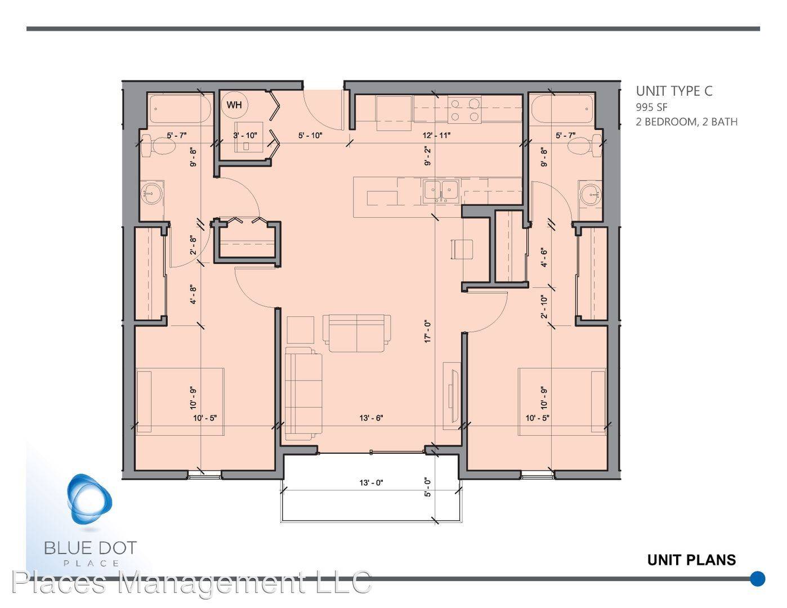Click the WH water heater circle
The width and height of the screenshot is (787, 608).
tap(234, 105)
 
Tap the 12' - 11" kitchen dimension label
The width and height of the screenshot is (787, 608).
tap(436, 136)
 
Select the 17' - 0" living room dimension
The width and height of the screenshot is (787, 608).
tap(428, 331)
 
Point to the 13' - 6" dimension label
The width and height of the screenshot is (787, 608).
tap(371, 418)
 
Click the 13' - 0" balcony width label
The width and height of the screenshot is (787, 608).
tap(371, 482)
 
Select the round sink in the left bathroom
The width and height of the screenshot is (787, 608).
tap(152, 193)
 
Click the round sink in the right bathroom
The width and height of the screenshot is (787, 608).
tap(591, 194)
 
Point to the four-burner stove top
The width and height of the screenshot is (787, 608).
tap(464, 110)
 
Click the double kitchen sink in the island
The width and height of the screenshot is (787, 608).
tap(441, 190)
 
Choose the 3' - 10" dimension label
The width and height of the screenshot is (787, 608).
tap(245, 136)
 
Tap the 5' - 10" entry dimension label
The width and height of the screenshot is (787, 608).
tap(310, 136)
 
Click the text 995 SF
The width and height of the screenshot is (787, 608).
tap(651, 107)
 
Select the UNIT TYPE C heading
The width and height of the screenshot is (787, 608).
tap(674, 91)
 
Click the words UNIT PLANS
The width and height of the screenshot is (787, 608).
tap(691, 560)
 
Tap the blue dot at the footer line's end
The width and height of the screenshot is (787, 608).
tap(758, 579)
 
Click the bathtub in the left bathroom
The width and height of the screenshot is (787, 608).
tap(178, 109)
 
